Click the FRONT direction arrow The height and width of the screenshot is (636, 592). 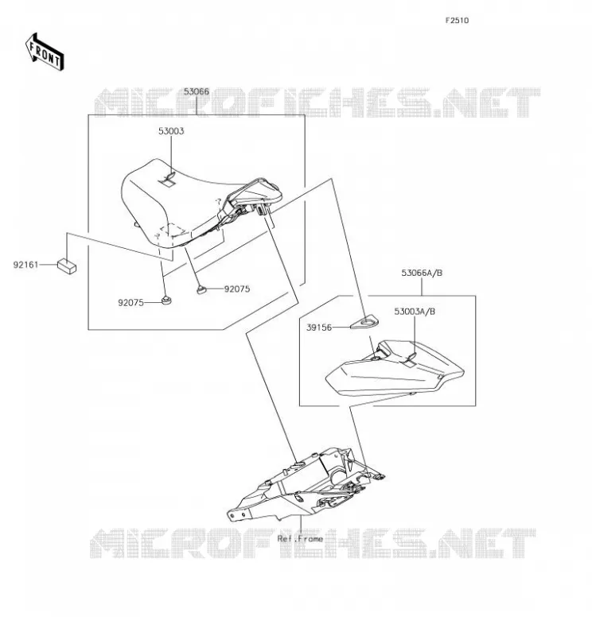(x=45, y=52)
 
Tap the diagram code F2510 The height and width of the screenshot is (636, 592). (x=457, y=21)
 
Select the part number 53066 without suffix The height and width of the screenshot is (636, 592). (x=197, y=91)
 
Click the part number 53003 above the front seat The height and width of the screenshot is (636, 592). (x=171, y=131)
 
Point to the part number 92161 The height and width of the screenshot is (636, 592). (x=26, y=265)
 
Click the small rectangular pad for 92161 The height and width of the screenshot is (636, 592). (x=67, y=266)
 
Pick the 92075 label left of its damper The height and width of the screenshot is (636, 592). (x=130, y=303)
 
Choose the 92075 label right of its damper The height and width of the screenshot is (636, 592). (x=237, y=289)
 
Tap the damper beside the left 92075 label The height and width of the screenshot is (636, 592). (x=166, y=301)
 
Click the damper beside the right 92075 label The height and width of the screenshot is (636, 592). (x=201, y=289)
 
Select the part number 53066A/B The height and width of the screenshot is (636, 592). (x=422, y=273)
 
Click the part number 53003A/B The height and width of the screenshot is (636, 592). (x=415, y=312)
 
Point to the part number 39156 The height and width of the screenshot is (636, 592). (x=319, y=328)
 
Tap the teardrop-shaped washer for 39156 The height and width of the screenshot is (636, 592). (x=365, y=323)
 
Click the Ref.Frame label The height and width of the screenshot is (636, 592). (x=301, y=539)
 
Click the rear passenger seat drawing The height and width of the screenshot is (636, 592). (x=395, y=368)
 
